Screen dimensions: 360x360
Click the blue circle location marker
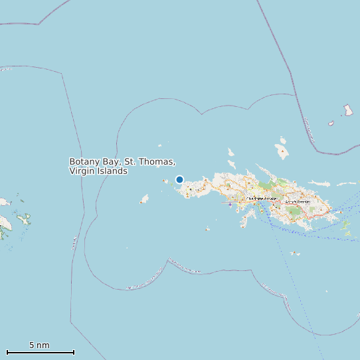click(179, 179)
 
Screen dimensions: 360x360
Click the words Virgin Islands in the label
click(98, 171)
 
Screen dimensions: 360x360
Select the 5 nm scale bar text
click(39, 345)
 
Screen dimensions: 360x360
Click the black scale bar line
click(40, 352)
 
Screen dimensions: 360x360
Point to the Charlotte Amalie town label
click(261, 199)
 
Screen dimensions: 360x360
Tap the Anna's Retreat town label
click(298, 202)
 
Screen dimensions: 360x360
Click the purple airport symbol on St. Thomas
click(230, 205)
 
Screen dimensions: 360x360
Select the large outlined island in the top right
click(348, 110)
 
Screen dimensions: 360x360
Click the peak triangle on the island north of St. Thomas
click(284, 152)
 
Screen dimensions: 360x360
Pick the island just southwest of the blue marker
click(144, 199)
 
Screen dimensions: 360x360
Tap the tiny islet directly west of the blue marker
click(165, 180)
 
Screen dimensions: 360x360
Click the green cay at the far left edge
click(24, 218)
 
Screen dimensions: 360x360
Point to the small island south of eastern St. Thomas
click(294, 253)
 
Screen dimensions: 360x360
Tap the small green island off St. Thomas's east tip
click(346, 226)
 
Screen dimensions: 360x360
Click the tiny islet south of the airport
click(207, 229)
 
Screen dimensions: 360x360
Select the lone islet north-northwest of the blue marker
click(159, 146)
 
